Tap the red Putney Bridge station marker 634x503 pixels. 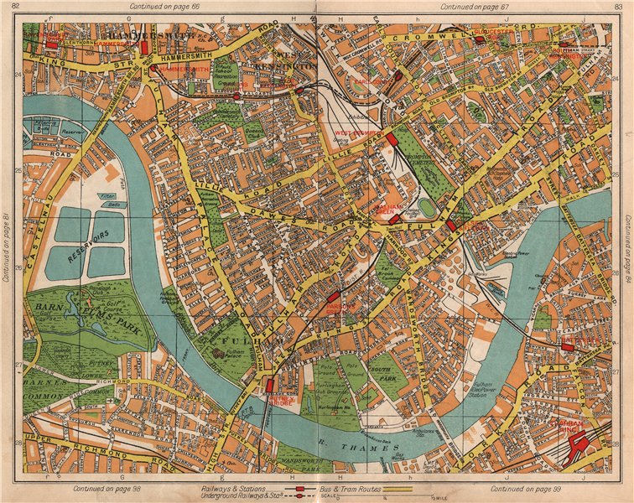coord(270,386)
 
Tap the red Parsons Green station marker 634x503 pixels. coord(333,297)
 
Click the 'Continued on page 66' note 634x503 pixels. coord(158,7)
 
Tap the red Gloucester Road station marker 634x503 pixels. coord(480,39)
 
